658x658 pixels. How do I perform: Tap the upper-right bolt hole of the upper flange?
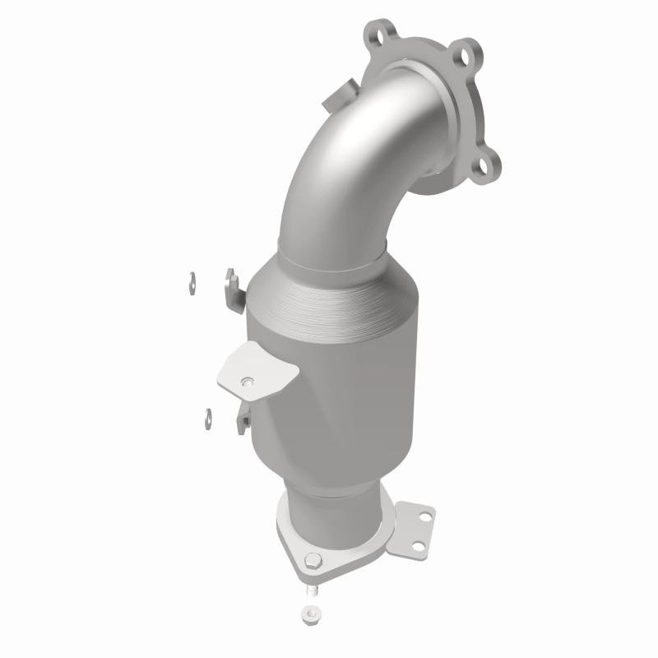469,58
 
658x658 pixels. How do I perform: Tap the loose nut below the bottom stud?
310,614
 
